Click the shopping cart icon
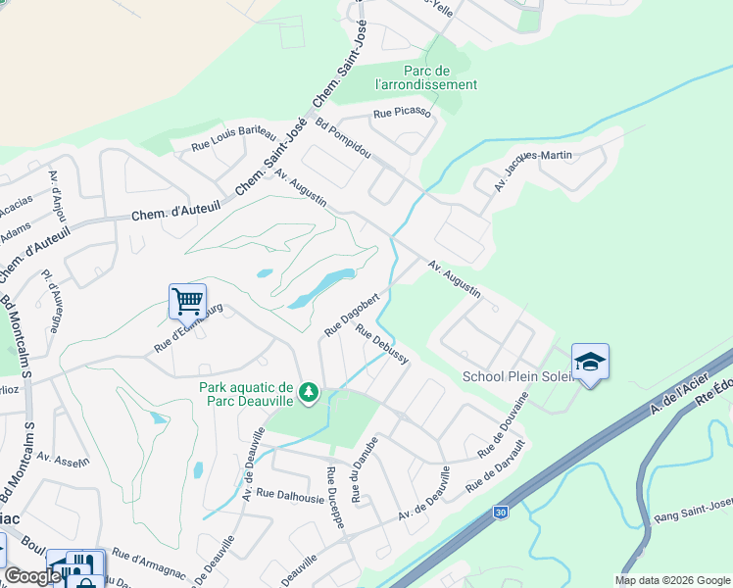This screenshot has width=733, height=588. pos(186,301)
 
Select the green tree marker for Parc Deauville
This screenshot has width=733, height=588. pos(310,393)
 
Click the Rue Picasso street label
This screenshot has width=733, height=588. pos(402,114)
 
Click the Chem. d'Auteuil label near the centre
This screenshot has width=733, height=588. pos(171,212)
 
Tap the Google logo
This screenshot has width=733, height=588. pos(32,576)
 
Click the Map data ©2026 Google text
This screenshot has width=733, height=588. pos(671,580)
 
